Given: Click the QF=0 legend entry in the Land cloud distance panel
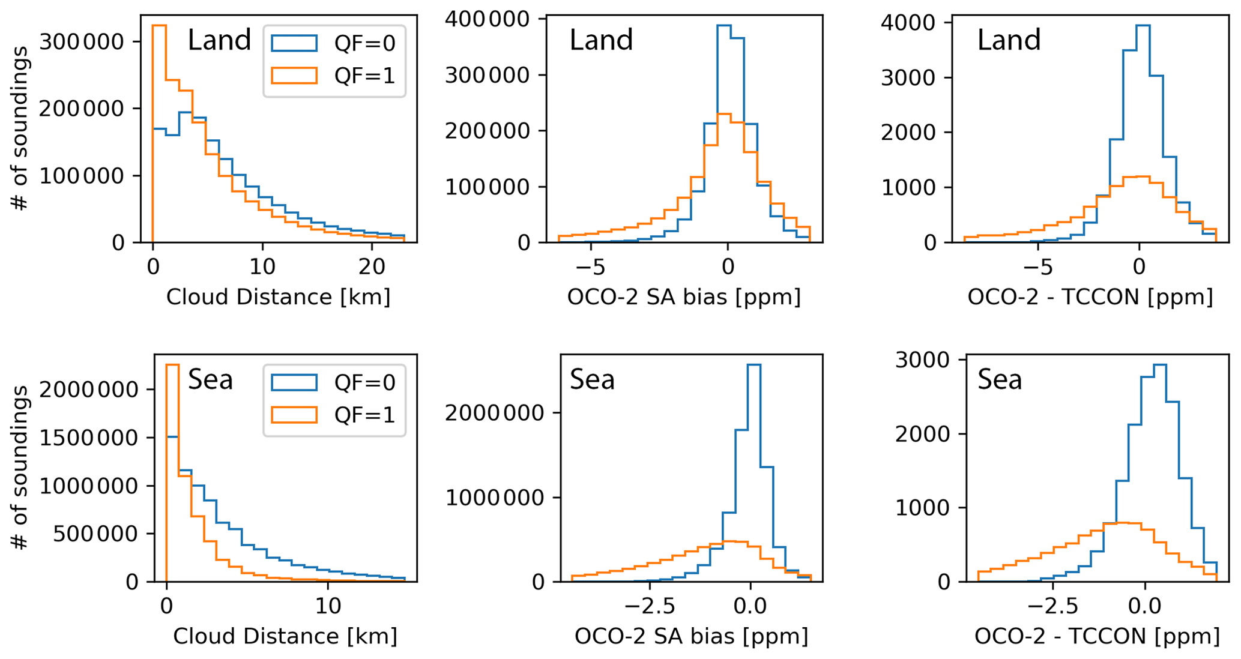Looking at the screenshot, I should pyautogui.click(x=333, y=43).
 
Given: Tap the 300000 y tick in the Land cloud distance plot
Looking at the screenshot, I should pyautogui.click(x=81, y=41).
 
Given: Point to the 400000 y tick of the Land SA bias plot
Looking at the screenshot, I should pyautogui.click(x=487, y=19).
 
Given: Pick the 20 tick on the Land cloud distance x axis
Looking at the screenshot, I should pyautogui.click(x=371, y=266).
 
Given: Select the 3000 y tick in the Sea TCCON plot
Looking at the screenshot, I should pyautogui.click(x=915, y=360).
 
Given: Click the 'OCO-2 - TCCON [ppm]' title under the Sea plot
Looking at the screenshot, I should pyautogui.click(x=1096, y=636).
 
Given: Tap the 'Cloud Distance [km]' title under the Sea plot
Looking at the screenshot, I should pyautogui.click(x=285, y=636).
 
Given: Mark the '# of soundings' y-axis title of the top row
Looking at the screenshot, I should pyautogui.click(x=20, y=128).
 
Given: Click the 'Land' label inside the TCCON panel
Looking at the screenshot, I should pyautogui.click(x=1009, y=40).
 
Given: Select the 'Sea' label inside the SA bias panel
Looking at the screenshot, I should pyautogui.click(x=592, y=380).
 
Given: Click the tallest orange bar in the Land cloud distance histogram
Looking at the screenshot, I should pyautogui.click(x=159, y=132).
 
